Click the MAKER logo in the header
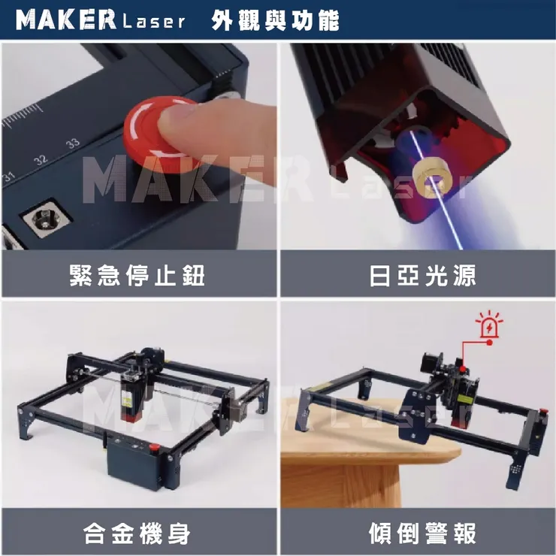(x=66, y=20)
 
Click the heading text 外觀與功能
(x=275, y=20)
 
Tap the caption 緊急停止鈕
(x=137, y=275)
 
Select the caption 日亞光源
(x=422, y=275)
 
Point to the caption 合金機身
(x=137, y=533)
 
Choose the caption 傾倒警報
(x=422, y=533)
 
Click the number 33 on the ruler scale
(x=73, y=144)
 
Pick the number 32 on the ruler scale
(x=41, y=159)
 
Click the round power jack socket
(x=45, y=218)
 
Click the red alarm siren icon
(x=489, y=325)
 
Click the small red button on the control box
(x=153, y=448)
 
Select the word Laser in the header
(x=153, y=22)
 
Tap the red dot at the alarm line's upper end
(x=490, y=343)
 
